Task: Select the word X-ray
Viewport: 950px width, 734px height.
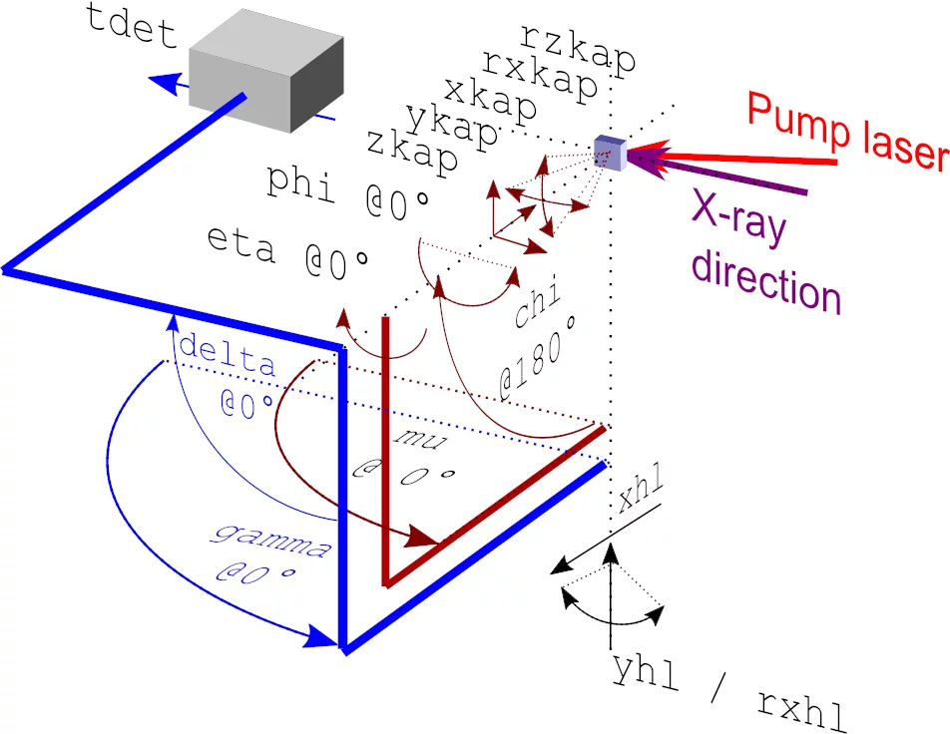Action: click(738, 218)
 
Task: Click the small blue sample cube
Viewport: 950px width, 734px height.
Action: click(608, 151)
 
